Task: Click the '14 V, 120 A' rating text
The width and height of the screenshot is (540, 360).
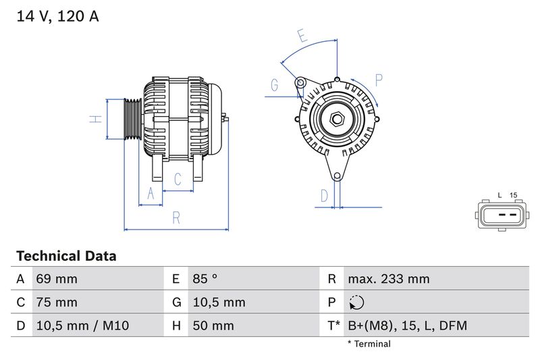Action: [57, 16]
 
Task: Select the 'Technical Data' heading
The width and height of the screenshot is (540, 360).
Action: [65, 256]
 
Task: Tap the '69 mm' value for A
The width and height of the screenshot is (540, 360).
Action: [57, 279]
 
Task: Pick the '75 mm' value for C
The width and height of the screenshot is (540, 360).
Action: [57, 302]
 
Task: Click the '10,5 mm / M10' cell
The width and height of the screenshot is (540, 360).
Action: [82, 326]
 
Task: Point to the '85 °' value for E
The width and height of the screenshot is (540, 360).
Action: [205, 279]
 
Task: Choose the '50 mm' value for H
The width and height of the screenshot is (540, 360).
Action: [213, 326]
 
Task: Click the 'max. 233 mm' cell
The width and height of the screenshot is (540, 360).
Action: [388, 279]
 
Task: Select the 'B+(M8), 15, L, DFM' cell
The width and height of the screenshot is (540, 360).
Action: [407, 326]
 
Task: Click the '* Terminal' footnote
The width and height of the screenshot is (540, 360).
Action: [369, 344]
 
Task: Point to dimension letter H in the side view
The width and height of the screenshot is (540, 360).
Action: [97, 119]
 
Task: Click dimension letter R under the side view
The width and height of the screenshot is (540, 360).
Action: [175, 217]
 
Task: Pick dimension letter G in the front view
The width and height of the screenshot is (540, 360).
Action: [275, 85]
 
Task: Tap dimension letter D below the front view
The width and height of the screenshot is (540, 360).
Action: [324, 196]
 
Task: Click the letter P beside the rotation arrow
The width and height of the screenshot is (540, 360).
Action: [378, 80]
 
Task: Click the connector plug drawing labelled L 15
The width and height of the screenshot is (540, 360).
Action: [500, 216]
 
